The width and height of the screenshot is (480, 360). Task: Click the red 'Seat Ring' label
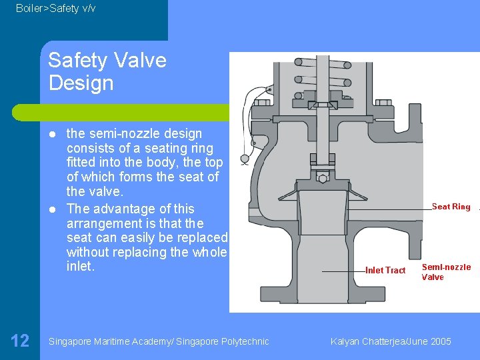(451, 207)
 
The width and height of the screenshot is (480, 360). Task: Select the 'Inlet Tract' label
(385, 270)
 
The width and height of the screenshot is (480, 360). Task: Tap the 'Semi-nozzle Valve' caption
(446, 272)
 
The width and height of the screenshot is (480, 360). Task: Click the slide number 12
(20, 341)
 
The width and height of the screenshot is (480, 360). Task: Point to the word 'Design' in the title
(81, 83)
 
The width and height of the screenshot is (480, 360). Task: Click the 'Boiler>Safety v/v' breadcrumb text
(55, 8)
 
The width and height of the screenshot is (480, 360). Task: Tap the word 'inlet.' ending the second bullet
(81, 267)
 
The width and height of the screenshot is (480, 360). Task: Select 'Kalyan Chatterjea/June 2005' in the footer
(391, 341)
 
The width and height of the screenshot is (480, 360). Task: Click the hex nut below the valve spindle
(323, 178)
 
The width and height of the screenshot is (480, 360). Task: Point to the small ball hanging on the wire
(245, 159)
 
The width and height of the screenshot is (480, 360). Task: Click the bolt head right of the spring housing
(386, 103)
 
